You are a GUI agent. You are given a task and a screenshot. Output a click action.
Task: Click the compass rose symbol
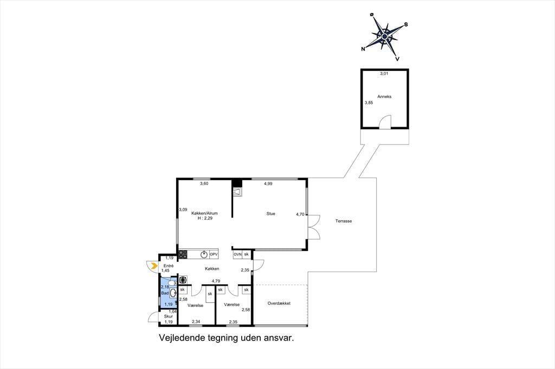pyautogui.click(x=384, y=36)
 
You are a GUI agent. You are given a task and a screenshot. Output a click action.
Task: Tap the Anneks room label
pyautogui.click(x=384, y=96)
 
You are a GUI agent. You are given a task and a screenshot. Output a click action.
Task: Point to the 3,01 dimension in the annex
pyautogui.click(x=384, y=74)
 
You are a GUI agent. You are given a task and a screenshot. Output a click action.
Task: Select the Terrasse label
pyautogui.click(x=344, y=221)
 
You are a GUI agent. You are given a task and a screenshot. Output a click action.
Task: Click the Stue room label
pyautogui.click(x=271, y=214)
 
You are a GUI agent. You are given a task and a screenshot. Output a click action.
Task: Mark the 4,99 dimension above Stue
pyautogui.click(x=268, y=184)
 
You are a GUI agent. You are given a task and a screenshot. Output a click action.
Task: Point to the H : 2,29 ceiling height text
pyautogui.click(x=205, y=219)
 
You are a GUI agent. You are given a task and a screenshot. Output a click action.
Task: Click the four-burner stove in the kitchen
pyautogui.click(x=183, y=254)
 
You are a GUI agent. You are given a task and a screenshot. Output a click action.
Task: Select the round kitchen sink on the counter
pyautogui.click(x=204, y=254)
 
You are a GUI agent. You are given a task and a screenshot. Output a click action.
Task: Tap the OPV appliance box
pyautogui.click(x=214, y=254)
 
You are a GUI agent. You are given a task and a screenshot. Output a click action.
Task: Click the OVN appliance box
pyautogui.click(x=237, y=254)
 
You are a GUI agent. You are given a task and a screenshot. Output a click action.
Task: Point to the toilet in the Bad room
pyautogui.click(x=172, y=283)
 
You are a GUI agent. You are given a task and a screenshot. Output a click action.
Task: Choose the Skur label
pyautogui.click(x=169, y=317)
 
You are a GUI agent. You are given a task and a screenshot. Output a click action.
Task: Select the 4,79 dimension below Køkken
pyautogui.click(x=216, y=281)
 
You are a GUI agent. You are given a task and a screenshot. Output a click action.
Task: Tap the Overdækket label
pyautogui.click(x=279, y=304)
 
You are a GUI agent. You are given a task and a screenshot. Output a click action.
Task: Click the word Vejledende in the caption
pyautogui.click(x=182, y=338)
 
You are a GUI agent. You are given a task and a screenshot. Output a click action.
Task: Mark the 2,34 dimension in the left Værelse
pyautogui.click(x=196, y=322)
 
